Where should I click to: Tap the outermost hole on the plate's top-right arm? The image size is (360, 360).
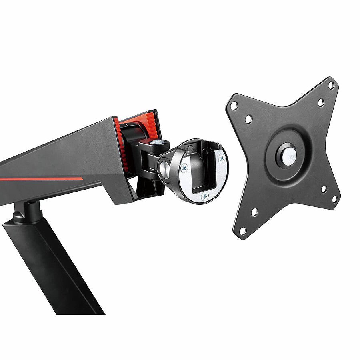click(331, 85)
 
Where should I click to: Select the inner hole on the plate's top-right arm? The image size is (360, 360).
click(320, 102)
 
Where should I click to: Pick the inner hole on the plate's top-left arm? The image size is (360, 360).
click(248, 119)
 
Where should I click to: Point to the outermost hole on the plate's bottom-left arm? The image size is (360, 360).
click(242, 231)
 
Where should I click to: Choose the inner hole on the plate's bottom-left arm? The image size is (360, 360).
click(254, 212)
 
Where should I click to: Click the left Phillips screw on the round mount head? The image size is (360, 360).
click(185, 168)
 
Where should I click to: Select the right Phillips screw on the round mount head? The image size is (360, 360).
click(221, 158)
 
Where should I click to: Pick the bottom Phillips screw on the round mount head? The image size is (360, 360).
click(204, 196)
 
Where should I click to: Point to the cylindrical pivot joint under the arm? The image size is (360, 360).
click(27, 212)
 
